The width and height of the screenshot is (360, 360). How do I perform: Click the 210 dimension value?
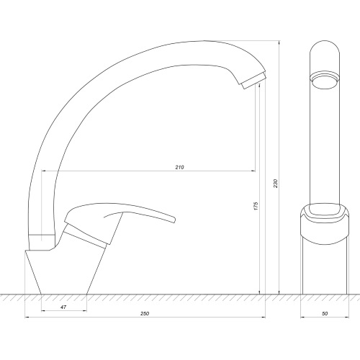[179, 167]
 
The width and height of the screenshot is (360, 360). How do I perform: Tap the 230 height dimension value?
[276, 184]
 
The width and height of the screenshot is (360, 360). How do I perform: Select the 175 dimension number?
[256, 207]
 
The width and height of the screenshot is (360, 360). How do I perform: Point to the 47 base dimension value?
[63, 307]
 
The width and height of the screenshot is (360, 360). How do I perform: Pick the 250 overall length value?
[145, 313]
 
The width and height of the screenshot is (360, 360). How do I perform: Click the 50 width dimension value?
[325, 313]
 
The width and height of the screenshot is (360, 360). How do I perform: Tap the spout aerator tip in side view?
[254, 81]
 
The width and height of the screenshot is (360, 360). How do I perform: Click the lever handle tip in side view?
[174, 219]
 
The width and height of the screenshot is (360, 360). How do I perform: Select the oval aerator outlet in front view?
[325, 81]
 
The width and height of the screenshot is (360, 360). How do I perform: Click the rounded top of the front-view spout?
[325, 42]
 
